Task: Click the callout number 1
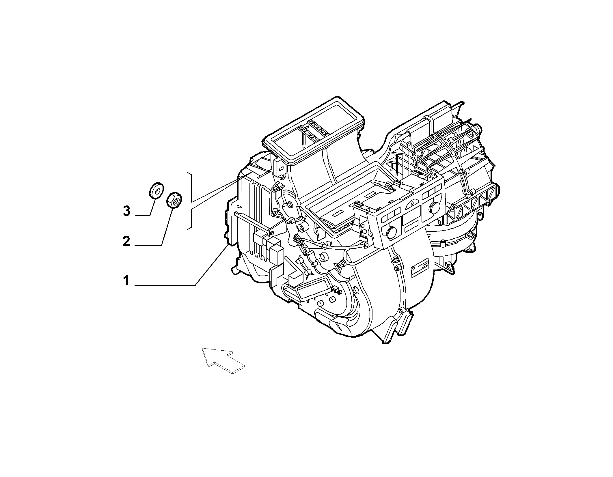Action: [126, 280]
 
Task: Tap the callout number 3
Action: [126, 211]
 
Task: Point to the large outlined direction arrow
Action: [223, 361]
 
